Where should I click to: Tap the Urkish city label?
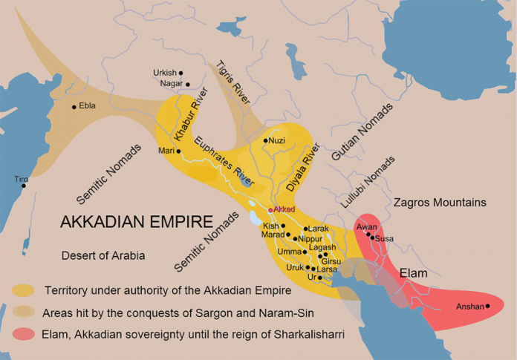tap(165, 73)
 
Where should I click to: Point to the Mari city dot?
tap(179, 151)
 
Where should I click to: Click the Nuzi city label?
tap(276, 140)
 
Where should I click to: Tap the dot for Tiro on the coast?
tap(24, 186)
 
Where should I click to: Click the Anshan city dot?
tap(487, 306)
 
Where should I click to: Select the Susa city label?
tap(384, 238)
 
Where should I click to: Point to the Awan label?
tap(367, 227)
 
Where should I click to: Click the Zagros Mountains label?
tap(440, 202)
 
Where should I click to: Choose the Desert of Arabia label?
tap(103, 255)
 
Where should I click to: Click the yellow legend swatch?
tap(23, 289)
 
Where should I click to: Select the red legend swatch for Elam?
tap(23, 334)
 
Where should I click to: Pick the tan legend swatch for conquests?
tap(23, 311)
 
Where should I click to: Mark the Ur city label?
tap(312, 277)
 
